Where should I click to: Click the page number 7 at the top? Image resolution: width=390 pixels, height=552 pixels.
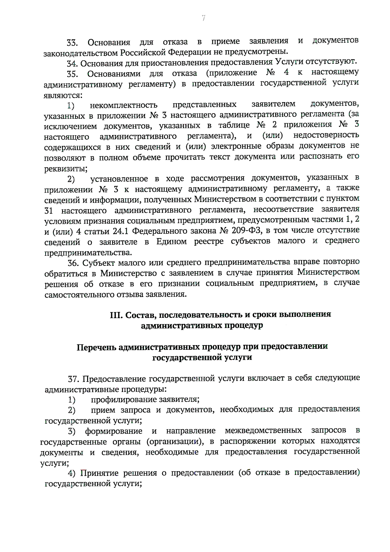(x=203, y=18)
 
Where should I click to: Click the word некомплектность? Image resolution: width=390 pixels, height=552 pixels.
(x=124, y=105)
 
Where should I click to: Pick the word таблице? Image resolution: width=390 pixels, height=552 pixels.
(x=234, y=125)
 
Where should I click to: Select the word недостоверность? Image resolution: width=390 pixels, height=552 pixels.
(x=326, y=135)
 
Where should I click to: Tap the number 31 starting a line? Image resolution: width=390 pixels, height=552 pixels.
(x=48, y=211)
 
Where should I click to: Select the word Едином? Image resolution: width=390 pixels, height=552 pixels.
(x=172, y=241)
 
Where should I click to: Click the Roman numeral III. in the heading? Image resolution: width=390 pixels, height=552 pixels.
(x=116, y=315)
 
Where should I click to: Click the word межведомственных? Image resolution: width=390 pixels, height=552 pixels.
(x=263, y=431)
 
